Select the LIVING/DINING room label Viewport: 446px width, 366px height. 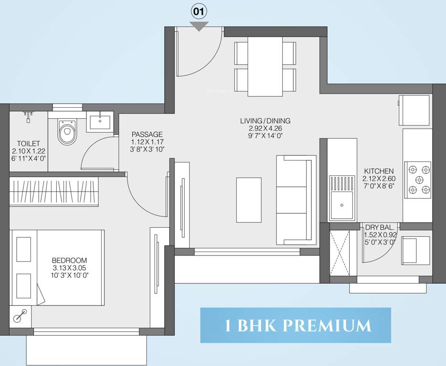click(265, 121)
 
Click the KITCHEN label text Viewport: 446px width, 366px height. click(379, 171)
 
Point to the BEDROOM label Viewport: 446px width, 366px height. click(69, 260)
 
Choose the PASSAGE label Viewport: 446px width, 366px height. click(147, 134)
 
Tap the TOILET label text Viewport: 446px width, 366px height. click(28, 143)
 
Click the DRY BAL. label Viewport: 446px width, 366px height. click(380, 227)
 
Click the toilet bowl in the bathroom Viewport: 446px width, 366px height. click(66, 132)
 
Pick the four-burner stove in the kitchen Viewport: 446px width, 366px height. click(418, 180)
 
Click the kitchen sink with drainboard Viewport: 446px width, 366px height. click(342, 198)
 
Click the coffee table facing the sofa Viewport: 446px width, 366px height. click(249, 200)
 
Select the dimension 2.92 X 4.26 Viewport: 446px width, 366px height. click(265, 128)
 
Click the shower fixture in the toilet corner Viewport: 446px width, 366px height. click(28, 116)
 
